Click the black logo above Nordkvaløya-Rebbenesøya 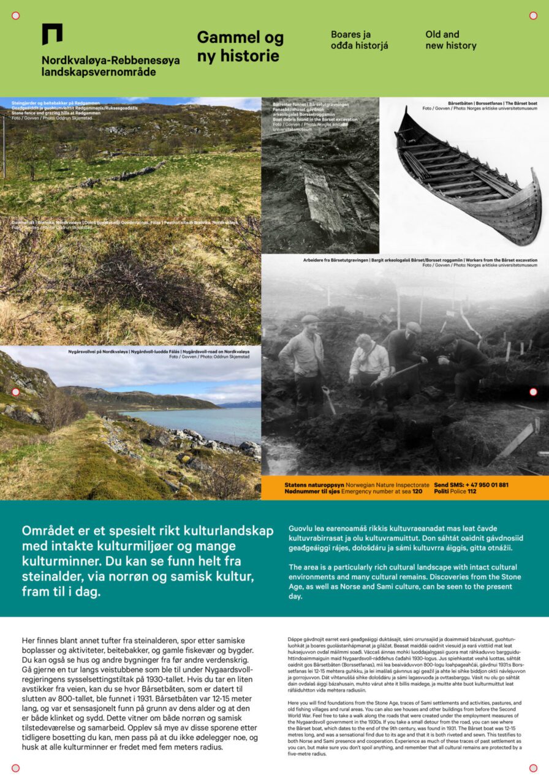pos(52,34)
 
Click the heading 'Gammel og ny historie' pos(240,47)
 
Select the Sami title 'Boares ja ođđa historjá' pos(359,40)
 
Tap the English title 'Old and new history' pos(450,40)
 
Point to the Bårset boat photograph pos(469,178)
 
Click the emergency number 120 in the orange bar pos(417,492)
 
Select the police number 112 pos(472,492)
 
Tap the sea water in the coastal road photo pos(202,423)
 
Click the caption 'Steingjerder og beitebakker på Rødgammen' pos(55,103)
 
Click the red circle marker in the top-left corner pos(16,15)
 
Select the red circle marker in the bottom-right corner pos(533,768)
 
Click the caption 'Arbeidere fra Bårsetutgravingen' pos(335,260)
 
